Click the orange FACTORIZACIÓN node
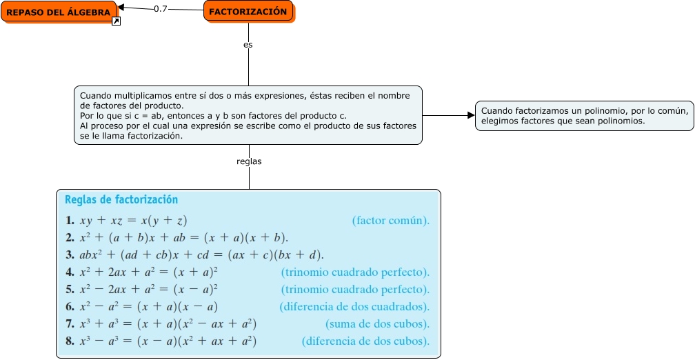248,12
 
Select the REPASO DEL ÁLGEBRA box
58,12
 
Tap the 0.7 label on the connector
161,9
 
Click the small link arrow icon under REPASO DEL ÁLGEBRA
117,22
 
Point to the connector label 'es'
248,44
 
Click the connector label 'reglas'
249,161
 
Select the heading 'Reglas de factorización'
121,200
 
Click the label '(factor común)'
391,221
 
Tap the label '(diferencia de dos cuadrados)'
354,307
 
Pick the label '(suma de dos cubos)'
377,324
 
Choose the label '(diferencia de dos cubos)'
365,341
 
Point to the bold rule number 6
70,307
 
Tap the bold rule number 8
70,341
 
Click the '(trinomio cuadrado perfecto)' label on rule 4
355,272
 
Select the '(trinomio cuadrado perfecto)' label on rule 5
355,290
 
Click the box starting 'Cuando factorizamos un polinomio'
585,116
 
